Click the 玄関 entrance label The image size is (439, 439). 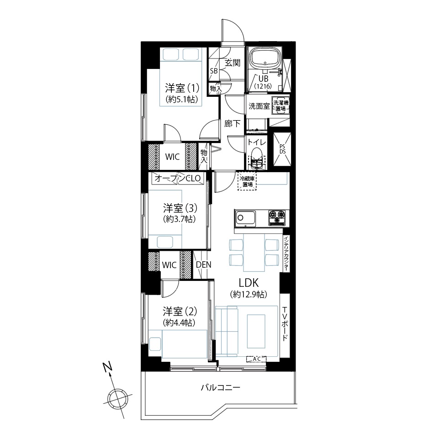tap(233, 63)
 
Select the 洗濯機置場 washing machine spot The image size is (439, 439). tap(281, 106)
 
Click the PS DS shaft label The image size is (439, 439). tap(282, 149)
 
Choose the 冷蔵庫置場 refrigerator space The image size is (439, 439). tap(247, 181)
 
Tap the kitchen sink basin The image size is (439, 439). tap(245, 218)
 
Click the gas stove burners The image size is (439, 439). tap(278, 217)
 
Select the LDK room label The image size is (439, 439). tap(249, 283)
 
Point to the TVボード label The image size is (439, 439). tap(285, 323)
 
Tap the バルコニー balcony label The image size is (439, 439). tap(220, 388)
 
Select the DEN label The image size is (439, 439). tap(204, 264)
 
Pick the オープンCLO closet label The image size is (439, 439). tap(178, 178)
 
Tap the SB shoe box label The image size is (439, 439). tap(214, 71)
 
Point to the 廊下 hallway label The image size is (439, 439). tap(233, 123)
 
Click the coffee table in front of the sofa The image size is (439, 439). tap(256, 330)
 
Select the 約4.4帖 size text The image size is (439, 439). tap(179, 323)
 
